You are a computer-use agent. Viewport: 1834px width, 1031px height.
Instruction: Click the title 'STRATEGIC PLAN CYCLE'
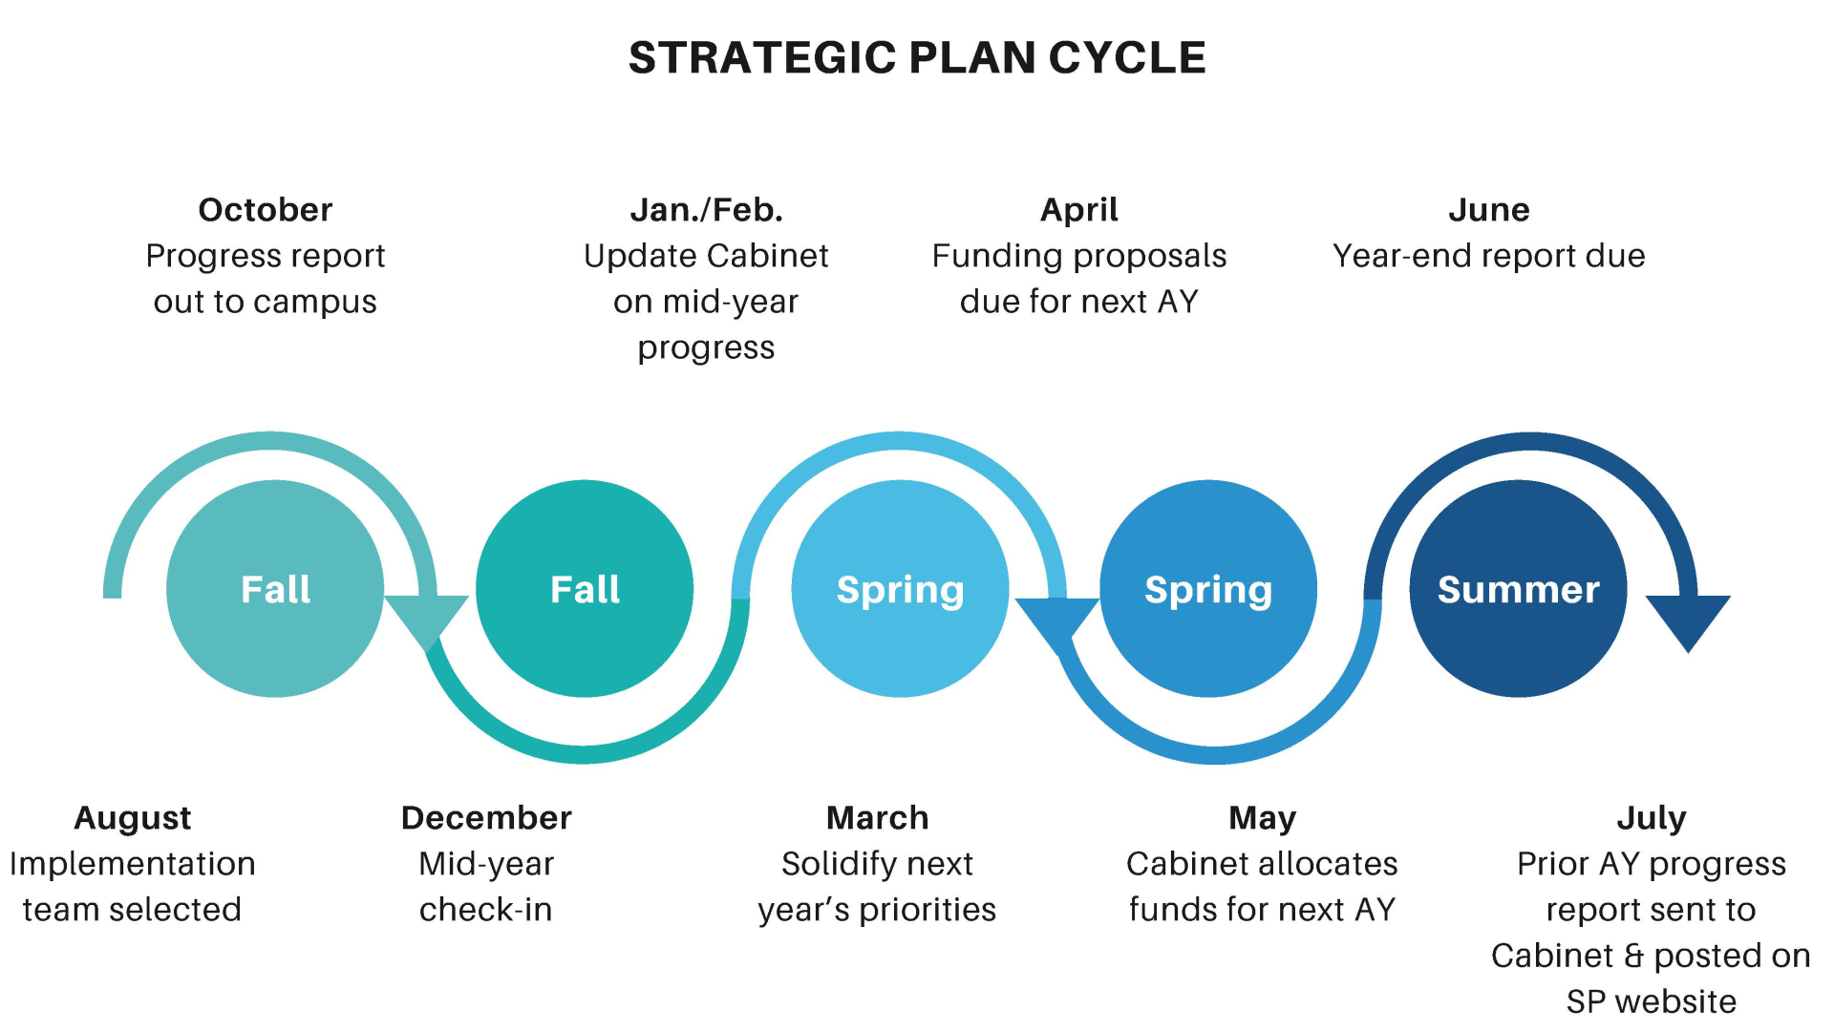click(x=917, y=57)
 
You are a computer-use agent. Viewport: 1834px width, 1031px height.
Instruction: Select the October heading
click(x=266, y=210)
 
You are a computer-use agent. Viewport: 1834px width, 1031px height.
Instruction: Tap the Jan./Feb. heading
click(x=707, y=210)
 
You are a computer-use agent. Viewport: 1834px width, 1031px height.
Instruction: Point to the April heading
click(x=1079, y=211)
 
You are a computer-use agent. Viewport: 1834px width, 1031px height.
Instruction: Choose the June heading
click(x=1489, y=210)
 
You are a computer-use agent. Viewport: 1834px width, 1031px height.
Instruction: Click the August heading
click(x=133, y=819)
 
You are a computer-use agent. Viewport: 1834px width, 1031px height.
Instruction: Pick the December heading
click(x=486, y=818)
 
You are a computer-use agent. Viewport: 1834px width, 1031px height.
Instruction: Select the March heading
click(x=877, y=818)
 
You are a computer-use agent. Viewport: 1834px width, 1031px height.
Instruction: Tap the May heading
click(x=1262, y=819)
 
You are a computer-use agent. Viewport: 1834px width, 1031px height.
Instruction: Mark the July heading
click(x=1652, y=819)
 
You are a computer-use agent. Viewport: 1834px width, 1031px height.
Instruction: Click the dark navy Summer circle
click(x=1518, y=589)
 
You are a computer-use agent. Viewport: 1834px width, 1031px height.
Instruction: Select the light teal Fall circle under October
click(x=275, y=589)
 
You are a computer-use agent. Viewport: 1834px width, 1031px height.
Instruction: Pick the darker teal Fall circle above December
click(x=585, y=589)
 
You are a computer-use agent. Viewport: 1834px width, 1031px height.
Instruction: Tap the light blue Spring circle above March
click(x=900, y=589)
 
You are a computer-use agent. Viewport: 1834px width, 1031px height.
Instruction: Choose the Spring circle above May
click(x=1208, y=589)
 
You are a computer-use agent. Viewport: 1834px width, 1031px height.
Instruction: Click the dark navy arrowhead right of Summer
click(x=1688, y=619)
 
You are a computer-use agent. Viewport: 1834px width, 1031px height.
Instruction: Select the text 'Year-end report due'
click(x=1489, y=256)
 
